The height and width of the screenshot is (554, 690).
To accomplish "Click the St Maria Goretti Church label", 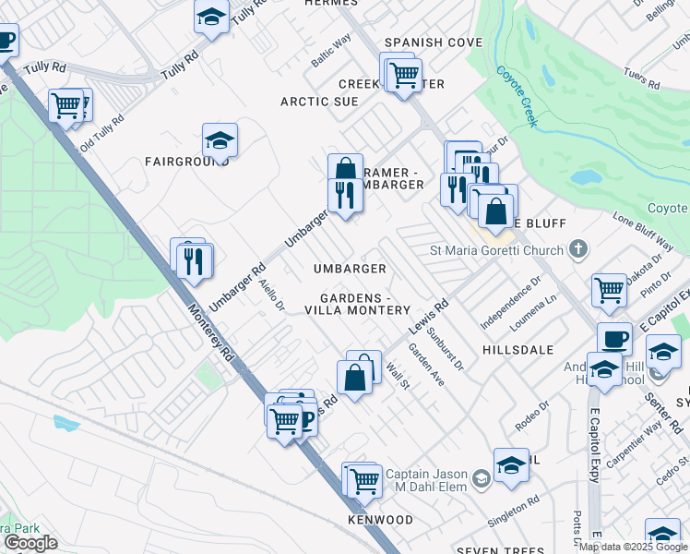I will click(x=496, y=250).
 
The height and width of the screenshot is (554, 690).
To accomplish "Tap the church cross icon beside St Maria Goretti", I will click(x=577, y=249).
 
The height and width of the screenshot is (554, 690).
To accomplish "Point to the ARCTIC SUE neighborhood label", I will click(x=319, y=102).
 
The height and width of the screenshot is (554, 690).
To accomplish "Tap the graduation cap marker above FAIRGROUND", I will click(x=220, y=140).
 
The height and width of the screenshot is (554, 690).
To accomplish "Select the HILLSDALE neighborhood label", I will click(x=517, y=351).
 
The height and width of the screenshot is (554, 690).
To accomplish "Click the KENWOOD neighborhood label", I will click(x=380, y=520).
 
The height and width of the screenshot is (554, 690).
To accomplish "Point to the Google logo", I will click(x=30, y=543).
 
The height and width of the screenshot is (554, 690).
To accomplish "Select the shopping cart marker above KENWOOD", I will click(x=364, y=479).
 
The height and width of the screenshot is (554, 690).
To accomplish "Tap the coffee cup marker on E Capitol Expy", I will click(x=615, y=339).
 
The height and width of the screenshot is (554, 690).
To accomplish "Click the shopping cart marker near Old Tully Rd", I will click(x=66, y=105).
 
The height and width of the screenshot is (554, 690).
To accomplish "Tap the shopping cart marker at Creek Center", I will click(x=403, y=75).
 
